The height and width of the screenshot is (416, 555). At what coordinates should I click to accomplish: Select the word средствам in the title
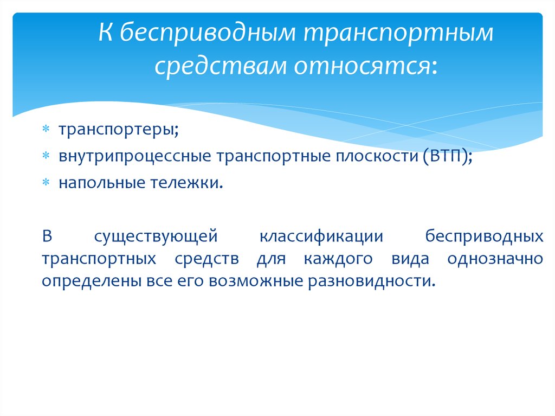(x=220, y=66)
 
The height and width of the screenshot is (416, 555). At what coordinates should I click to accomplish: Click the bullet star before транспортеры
(x=46, y=129)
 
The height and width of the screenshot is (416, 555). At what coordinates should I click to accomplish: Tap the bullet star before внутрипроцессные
(x=46, y=156)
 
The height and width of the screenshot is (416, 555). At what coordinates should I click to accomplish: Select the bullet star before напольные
(x=46, y=182)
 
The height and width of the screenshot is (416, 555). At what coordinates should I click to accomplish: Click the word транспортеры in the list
(x=116, y=130)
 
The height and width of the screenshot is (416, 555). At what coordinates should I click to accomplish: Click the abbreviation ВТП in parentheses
(x=447, y=156)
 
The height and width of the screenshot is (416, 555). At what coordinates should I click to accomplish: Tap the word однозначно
(x=495, y=259)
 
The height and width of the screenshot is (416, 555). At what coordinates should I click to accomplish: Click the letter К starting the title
(x=106, y=33)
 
